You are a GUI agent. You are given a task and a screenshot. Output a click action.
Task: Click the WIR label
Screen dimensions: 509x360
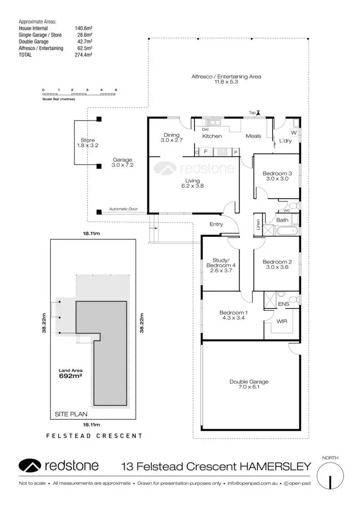pos(282,321)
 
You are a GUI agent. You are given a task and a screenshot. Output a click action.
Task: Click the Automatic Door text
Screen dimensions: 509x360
pos(123,209)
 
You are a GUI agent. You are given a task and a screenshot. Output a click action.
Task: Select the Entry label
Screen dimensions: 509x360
pos(216,224)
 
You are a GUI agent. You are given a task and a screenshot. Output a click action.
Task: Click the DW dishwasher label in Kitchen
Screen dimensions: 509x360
pos(205,130)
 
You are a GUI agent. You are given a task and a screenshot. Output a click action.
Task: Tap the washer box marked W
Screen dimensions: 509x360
pos(294,132)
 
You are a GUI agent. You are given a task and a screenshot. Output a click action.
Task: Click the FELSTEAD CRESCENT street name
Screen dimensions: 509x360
pos(94,436)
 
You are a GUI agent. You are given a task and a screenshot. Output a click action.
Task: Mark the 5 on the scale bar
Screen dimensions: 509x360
pos(116,90)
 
